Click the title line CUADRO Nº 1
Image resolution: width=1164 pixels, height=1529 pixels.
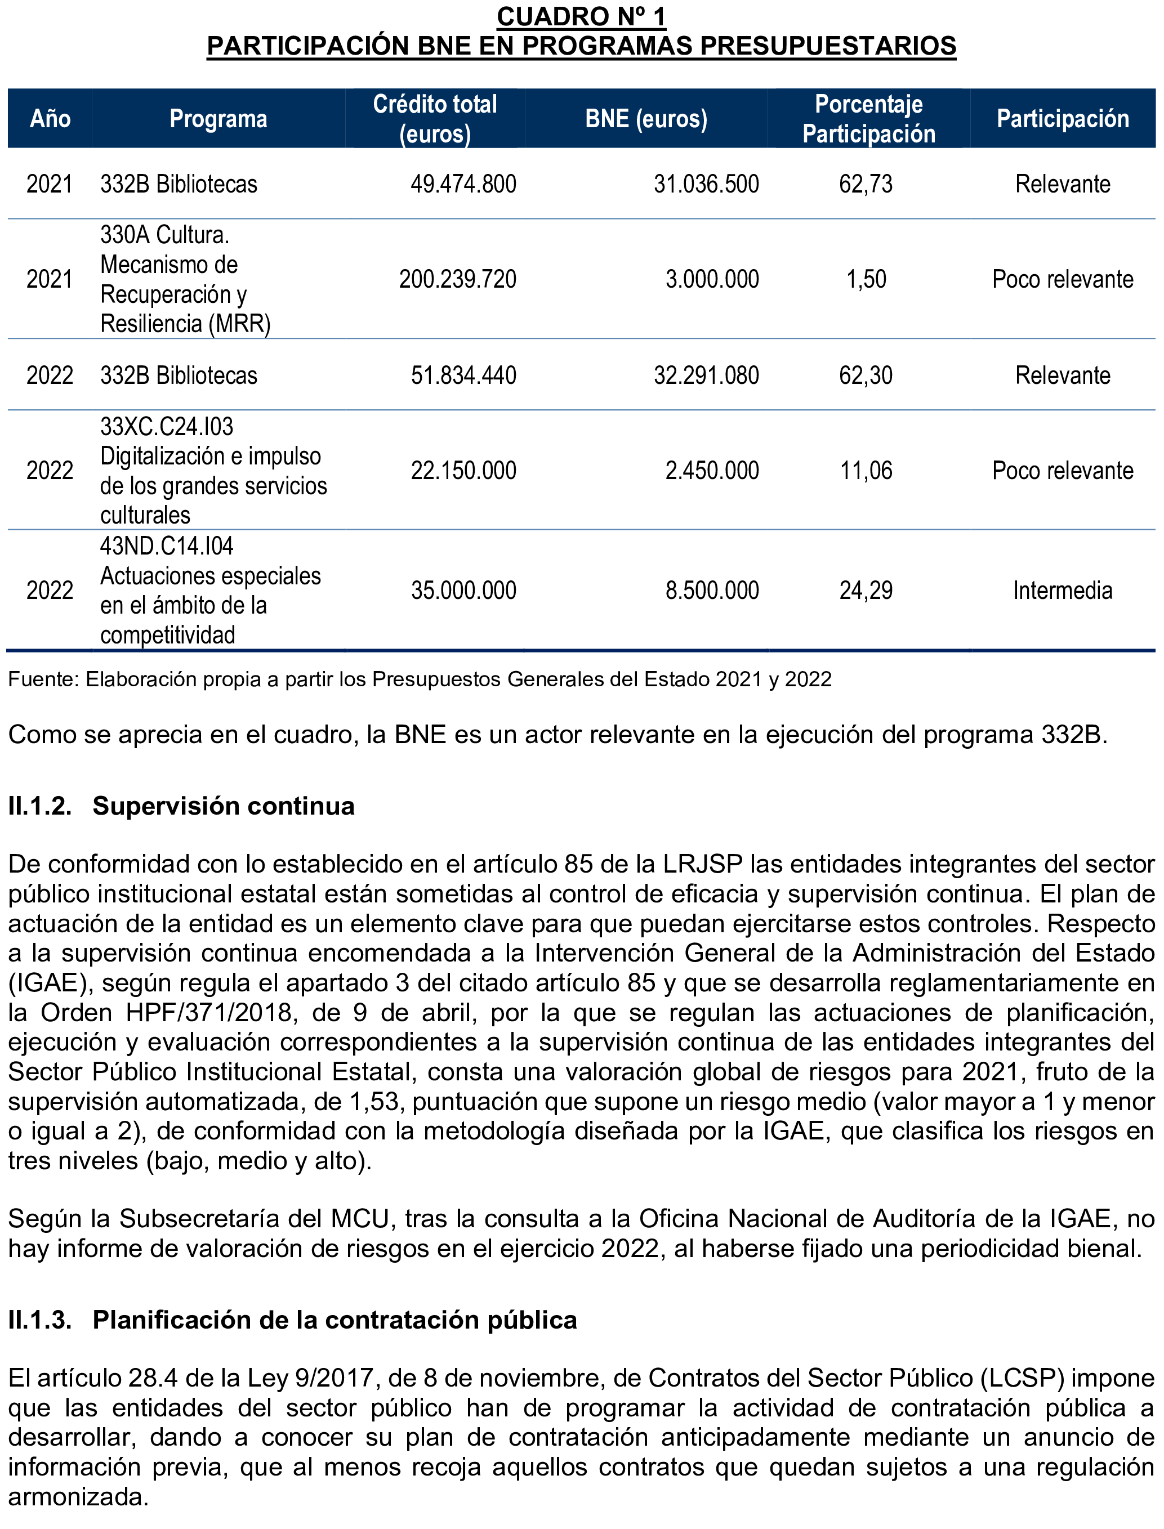click(581, 17)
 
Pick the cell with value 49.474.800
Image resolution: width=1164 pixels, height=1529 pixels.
click(463, 184)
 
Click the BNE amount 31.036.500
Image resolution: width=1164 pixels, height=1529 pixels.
click(706, 184)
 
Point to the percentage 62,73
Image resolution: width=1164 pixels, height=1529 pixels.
click(866, 184)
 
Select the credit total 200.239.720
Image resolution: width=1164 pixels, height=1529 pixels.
click(457, 279)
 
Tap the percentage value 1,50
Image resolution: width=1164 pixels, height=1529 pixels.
click(866, 279)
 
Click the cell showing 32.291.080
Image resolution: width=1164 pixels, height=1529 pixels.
click(706, 375)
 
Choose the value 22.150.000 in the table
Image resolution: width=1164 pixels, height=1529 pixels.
click(463, 471)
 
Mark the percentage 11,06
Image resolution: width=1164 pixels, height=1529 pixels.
click(866, 471)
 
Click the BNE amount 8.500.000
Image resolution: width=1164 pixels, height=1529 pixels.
click(712, 591)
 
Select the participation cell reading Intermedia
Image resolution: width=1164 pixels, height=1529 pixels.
click(1062, 591)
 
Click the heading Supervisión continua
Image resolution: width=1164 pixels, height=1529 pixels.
click(223, 806)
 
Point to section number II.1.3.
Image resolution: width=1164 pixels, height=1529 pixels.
click(39, 1320)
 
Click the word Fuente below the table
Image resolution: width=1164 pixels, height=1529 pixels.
click(42, 679)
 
